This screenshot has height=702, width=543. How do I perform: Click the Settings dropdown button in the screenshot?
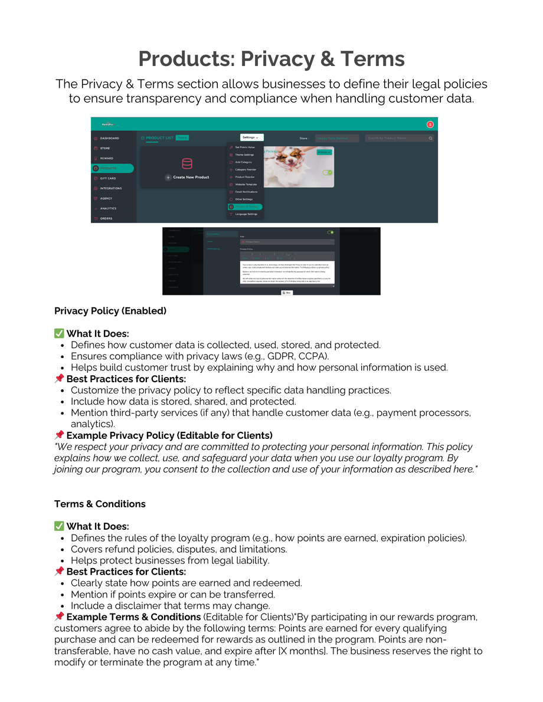(252, 137)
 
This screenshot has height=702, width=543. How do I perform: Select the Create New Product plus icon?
(168, 177)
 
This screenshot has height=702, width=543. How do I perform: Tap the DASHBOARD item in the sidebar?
(109, 138)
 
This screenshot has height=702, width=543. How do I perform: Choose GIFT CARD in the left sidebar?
(108, 178)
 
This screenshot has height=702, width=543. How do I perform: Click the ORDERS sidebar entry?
(106, 218)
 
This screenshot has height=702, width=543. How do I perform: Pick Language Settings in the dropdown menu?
(246, 214)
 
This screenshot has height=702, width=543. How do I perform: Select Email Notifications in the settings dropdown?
(246, 192)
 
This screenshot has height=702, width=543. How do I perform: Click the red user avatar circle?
(430, 124)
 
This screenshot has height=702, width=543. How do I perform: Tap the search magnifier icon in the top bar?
(431, 138)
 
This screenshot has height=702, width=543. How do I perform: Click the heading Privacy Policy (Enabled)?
(110, 311)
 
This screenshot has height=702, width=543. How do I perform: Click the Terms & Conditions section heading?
(100, 504)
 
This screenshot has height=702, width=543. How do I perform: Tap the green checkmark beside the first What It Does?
(59, 334)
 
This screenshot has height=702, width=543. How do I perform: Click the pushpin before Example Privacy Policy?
(59, 435)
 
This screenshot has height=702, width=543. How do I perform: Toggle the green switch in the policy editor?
(331, 232)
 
